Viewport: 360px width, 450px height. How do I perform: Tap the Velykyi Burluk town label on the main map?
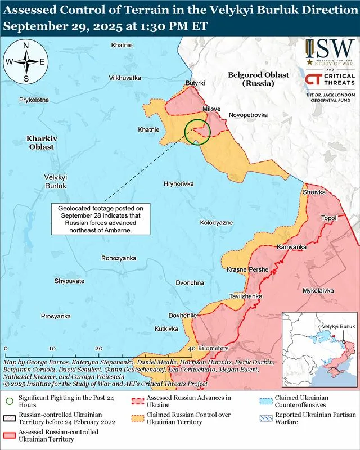point(56,181)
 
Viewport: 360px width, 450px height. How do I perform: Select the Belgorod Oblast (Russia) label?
point(250,79)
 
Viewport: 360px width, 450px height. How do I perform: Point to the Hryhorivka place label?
point(178,184)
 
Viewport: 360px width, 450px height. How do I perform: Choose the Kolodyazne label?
point(216,223)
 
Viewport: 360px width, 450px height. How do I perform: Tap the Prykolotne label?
point(34,100)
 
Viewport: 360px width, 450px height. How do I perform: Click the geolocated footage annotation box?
point(96,219)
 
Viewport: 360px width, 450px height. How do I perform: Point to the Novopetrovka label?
point(248,115)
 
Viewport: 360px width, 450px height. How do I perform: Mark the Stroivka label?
point(314,192)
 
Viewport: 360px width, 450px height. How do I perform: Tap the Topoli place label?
point(329,218)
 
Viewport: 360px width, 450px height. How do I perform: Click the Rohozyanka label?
point(119,258)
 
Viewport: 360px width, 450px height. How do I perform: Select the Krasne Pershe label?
point(247,270)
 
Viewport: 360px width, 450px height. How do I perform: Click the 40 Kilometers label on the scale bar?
point(209,348)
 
